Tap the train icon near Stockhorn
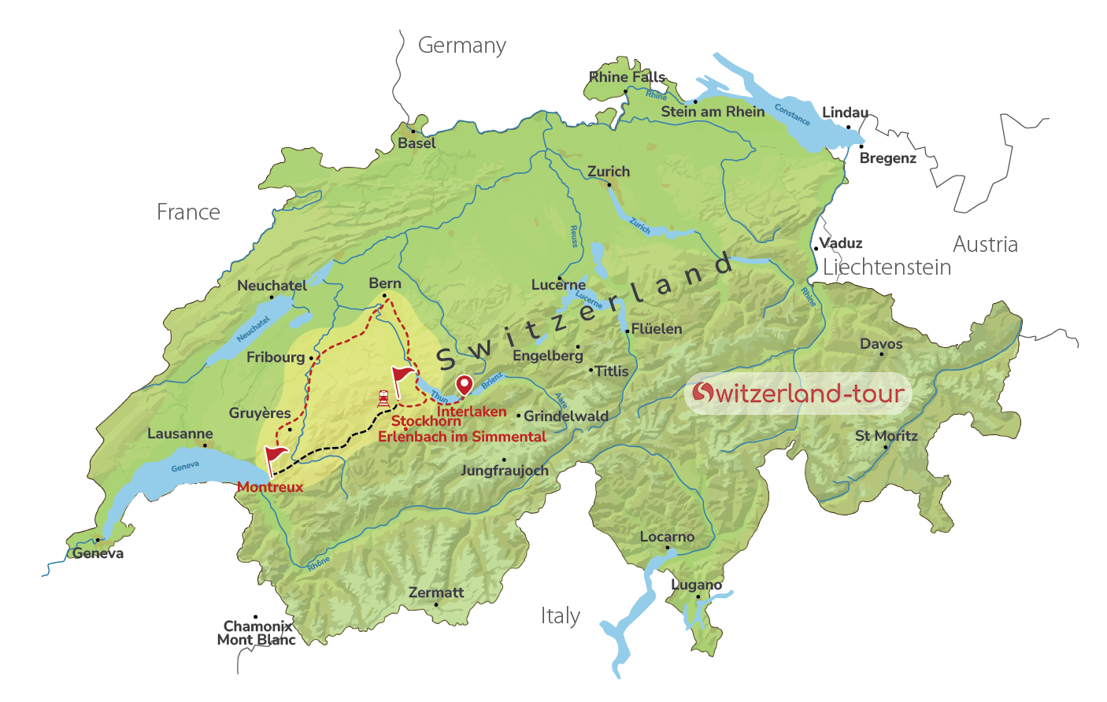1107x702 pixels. click(x=383, y=398)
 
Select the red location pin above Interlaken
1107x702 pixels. click(x=465, y=385)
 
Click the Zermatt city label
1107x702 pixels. click(x=436, y=593)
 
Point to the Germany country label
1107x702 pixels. click(x=461, y=46)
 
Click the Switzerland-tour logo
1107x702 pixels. click(x=798, y=393)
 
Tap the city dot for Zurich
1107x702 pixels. click(x=609, y=185)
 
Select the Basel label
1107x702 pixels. click(x=417, y=143)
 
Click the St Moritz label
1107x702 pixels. click(x=886, y=435)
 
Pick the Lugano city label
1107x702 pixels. click(x=696, y=585)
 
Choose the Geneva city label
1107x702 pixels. click(x=98, y=553)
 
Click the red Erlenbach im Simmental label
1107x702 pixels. click(x=461, y=437)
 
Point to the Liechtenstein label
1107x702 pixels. click(x=887, y=268)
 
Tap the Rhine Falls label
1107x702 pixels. click(x=627, y=77)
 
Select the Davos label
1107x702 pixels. click(x=881, y=344)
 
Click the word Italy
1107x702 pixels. click(x=560, y=615)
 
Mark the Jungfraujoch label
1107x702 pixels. click(x=504, y=471)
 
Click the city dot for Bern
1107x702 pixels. click(x=384, y=296)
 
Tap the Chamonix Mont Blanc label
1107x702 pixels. click(x=257, y=633)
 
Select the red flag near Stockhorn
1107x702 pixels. click(x=402, y=376)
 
